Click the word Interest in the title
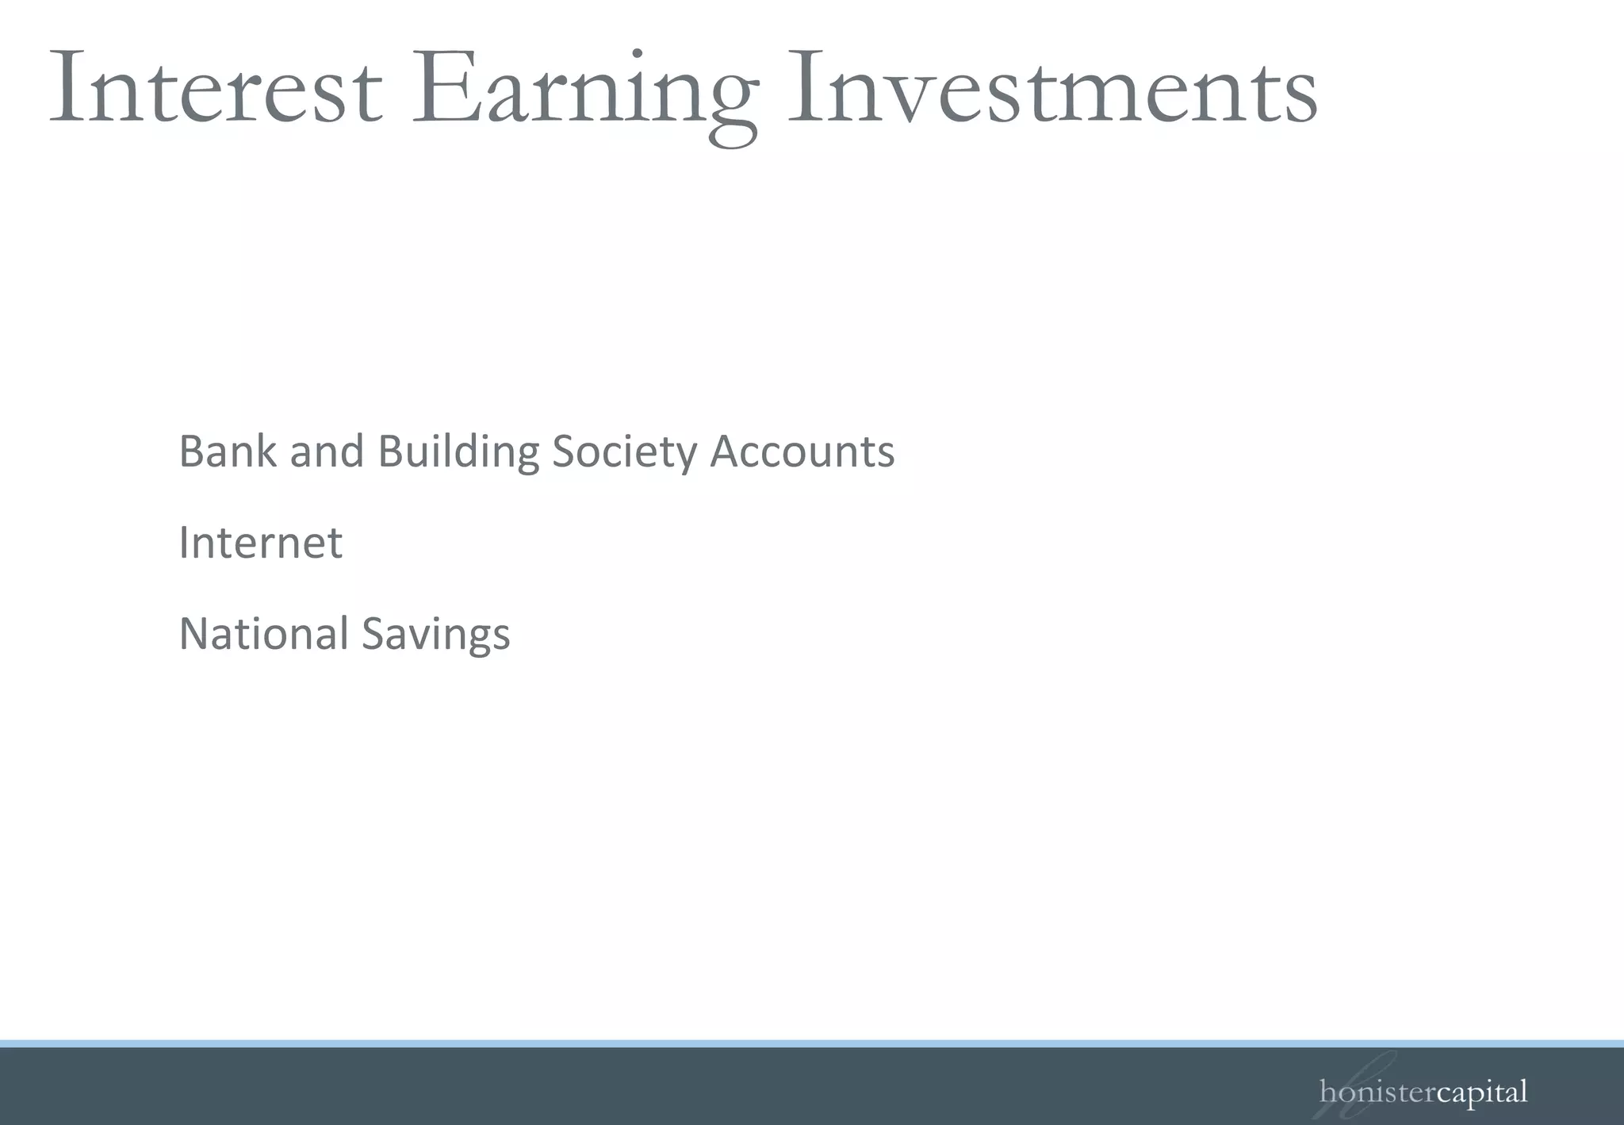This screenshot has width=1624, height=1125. (x=216, y=89)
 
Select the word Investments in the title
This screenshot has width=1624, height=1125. (x=1051, y=89)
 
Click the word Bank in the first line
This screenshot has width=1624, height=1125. (x=228, y=451)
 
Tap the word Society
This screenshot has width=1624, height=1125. (x=624, y=451)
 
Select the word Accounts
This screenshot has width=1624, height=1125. (x=802, y=451)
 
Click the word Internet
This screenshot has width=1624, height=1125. (x=261, y=543)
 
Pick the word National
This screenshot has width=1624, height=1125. (x=264, y=634)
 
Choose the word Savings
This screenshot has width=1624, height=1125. (x=436, y=634)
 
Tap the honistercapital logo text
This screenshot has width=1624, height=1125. (x=1423, y=1092)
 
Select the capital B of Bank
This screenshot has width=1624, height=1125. (x=193, y=451)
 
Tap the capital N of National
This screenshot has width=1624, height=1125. (x=195, y=634)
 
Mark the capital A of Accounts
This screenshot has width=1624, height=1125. (x=727, y=451)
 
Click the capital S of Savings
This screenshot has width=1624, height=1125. (x=375, y=634)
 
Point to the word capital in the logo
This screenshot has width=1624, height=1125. (x=1481, y=1092)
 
